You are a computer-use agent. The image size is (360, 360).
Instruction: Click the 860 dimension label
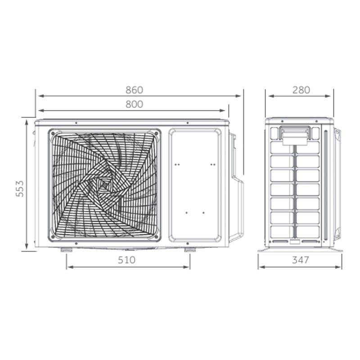coord(134,90)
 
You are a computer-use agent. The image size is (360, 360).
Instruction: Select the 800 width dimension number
coord(134,104)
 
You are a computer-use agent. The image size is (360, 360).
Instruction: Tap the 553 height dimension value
coord(20,189)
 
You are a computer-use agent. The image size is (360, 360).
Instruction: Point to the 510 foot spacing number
coord(127,260)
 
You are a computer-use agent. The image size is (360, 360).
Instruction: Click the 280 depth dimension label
coord(301,90)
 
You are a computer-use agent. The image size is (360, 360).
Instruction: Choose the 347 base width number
coord(301,260)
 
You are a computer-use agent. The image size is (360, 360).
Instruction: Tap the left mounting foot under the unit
coord(67,250)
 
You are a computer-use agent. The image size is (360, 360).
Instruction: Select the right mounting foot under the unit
coord(190,250)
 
